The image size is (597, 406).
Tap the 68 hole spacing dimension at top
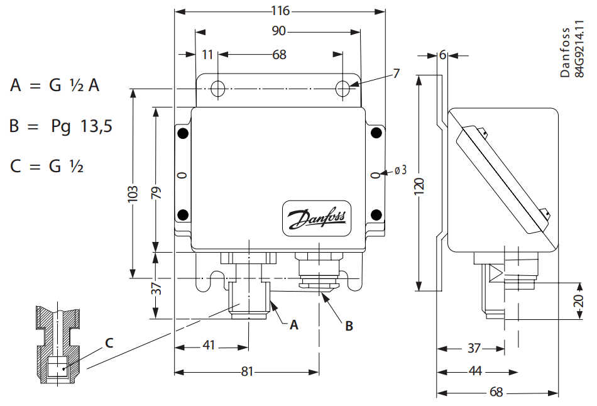coord(279,55)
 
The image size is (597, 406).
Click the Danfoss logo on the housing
coord(318,219)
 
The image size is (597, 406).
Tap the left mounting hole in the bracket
coord(217,89)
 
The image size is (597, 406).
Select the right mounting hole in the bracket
coord(342,89)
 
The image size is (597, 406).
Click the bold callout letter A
coord(293,325)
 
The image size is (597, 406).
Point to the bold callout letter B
coord(349,326)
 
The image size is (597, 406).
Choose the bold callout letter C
coord(109,343)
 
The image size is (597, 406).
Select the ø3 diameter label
coord(400,170)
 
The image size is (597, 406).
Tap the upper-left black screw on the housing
coord(182,133)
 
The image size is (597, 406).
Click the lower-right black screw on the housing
coord(376,215)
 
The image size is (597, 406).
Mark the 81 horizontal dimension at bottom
coord(247,371)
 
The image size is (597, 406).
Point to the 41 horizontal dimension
coord(209,346)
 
